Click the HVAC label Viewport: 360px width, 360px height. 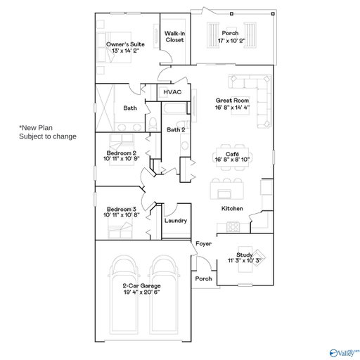(x=172, y=92)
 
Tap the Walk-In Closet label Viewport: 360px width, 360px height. (x=174, y=37)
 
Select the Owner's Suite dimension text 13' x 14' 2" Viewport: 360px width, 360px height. (x=125, y=51)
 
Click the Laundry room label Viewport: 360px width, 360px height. (x=176, y=221)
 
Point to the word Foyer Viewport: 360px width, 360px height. (x=203, y=244)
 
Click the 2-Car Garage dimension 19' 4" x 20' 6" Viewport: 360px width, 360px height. (x=142, y=292)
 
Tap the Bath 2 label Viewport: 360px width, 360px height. (x=176, y=129)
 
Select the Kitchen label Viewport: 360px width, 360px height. (x=232, y=208)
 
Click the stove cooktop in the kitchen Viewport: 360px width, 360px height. (x=233, y=226)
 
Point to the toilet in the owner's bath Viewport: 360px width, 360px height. (x=153, y=124)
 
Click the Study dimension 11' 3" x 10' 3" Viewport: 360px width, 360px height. (x=245, y=260)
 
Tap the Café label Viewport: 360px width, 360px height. (x=232, y=154)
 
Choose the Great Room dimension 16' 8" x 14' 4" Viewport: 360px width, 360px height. (x=232, y=108)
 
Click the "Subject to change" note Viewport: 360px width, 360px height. (x=48, y=136)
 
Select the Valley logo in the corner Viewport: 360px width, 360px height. (x=344, y=353)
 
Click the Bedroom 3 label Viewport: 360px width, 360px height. (x=122, y=209)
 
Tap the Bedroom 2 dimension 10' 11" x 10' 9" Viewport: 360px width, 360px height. (x=122, y=159)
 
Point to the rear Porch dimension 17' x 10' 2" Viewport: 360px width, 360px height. (x=231, y=41)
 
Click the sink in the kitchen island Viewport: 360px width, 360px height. (x=222, y=194)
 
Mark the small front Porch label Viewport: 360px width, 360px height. (x=203, y=278)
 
